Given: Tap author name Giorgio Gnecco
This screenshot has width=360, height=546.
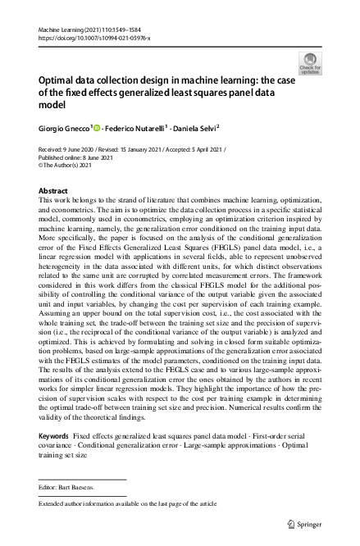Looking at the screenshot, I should [x=66, y=129].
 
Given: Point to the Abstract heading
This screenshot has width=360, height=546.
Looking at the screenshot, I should [x=53, y=190].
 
